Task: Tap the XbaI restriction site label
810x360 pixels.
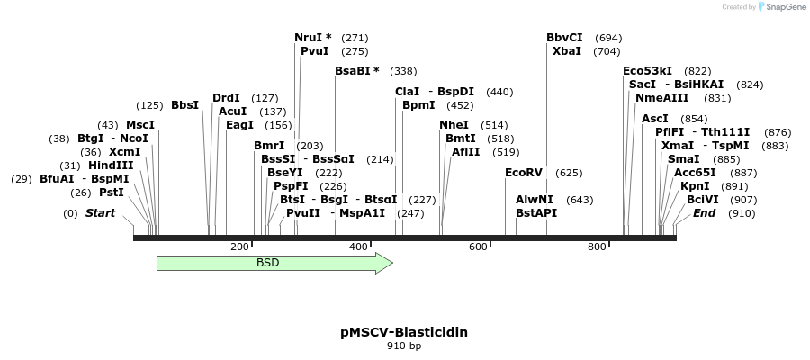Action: point(567,51)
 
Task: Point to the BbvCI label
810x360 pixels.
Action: point(564,38)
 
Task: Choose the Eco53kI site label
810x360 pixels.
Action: point(647,71)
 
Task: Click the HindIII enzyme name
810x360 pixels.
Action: point(111,166)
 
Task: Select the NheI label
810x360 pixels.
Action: point(454,125)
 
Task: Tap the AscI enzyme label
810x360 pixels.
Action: point(655,119)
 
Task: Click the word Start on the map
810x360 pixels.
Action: point(100,213)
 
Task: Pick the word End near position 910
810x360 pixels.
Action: point(704,213)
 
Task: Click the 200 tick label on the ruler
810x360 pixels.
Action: point(239,247)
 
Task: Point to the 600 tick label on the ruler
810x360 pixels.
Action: point(478,247)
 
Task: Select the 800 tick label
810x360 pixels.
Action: point(597,247)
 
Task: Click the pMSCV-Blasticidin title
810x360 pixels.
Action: point(404,332)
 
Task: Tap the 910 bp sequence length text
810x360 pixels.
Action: point(404,346)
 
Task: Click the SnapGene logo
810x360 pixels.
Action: point(782,7)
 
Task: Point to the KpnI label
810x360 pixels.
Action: point(695,185)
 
